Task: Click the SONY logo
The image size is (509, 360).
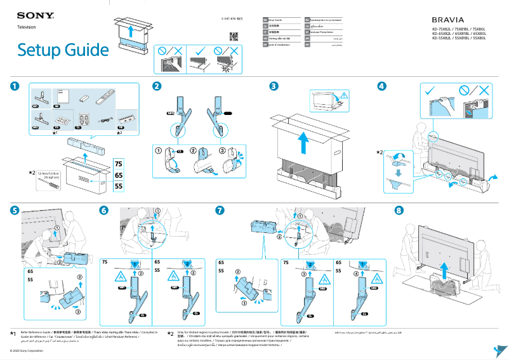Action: pos(30,15)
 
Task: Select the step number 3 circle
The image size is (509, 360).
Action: pos(274,86)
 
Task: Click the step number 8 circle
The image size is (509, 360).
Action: pos(399,210)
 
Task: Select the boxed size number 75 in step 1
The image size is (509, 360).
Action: pos(118,163)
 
